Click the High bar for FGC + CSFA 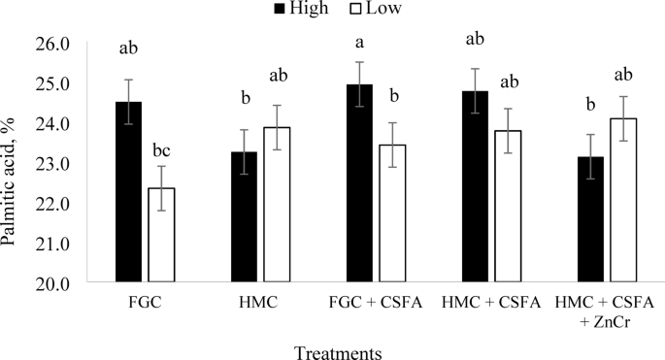359,184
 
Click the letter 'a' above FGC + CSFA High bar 359,42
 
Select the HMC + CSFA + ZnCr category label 609,311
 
